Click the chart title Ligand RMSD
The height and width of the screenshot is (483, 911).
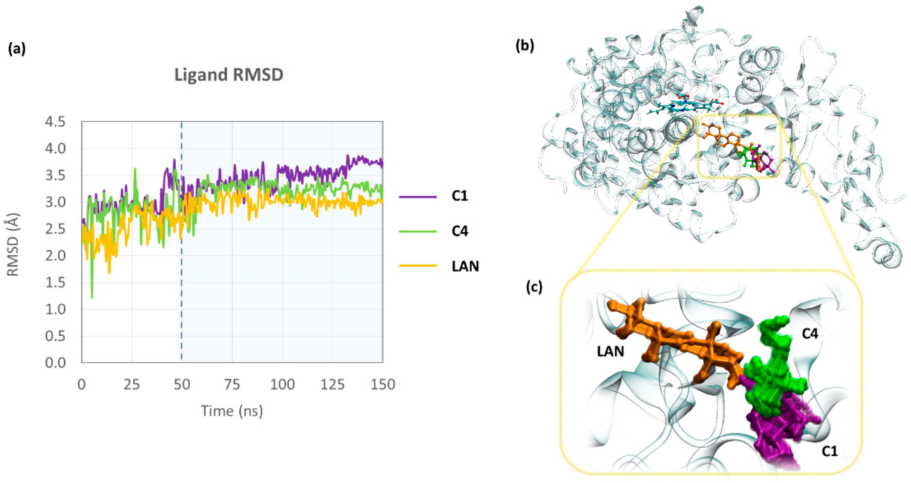[x=229, y=75]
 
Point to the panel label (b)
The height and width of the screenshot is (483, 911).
[x=525, y=46]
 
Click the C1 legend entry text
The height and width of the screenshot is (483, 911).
[x=459, y=196]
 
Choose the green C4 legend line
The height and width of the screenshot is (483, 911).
[x=417, y=232]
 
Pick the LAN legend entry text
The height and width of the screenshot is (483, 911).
[x=465, y=266]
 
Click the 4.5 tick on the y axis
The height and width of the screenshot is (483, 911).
[x=55, y=122]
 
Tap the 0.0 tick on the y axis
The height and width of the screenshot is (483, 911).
[x=55, y=363]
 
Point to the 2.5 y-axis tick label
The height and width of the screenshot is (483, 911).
[x=55, y=229]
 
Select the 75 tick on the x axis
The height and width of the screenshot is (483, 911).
[x=232, y=384]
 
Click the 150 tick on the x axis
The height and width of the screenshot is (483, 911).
[x=382, y=384]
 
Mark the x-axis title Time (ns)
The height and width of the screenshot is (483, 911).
[x=232, y=411]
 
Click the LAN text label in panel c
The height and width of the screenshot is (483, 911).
[x=610, y=351]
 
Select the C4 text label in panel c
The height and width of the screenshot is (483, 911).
[x=810, y=333]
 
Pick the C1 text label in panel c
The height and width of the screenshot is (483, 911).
[x=829, y=451]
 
